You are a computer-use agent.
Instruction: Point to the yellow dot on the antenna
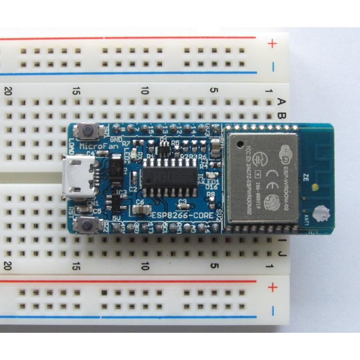[316, 186]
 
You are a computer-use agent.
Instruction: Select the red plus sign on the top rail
[272, 44]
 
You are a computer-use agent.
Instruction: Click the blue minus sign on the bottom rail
[272, 310]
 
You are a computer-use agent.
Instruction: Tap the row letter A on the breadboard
[281, 102]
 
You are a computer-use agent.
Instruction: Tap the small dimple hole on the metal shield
[239, 143]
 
